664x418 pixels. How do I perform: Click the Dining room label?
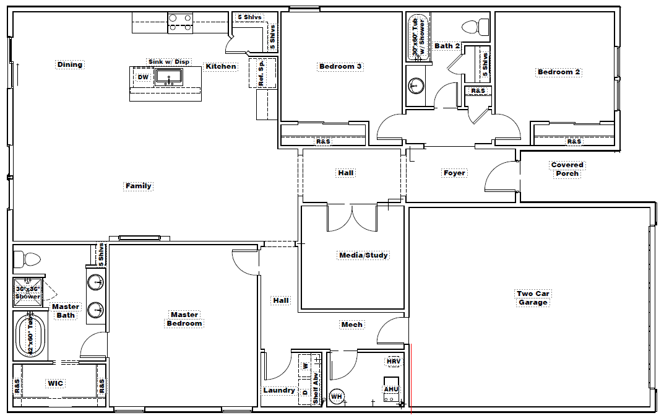[70, 64]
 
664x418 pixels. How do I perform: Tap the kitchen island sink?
[169, 77]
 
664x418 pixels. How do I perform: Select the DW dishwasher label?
[143, 77]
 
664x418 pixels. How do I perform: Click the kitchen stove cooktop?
[180, 23]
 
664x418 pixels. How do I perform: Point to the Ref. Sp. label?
[261, 73]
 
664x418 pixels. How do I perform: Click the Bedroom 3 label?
[340, 66]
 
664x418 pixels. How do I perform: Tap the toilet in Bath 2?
[476, 28]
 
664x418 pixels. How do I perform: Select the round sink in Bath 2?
[416, 85]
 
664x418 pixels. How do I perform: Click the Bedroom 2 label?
[559, 72]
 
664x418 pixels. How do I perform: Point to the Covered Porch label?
[567, 169]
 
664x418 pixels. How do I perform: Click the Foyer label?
[454, 173]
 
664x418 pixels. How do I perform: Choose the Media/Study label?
[364, 255]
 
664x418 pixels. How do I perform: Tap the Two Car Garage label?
[533, 298]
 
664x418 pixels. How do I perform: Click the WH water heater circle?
[337, 397]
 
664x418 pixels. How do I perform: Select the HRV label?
[394, 362]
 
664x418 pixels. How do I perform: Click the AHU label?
[391, 389]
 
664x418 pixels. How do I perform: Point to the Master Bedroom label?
[184, 319]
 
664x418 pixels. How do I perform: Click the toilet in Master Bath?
[27, 259]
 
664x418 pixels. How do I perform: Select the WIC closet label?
[56, 383]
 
